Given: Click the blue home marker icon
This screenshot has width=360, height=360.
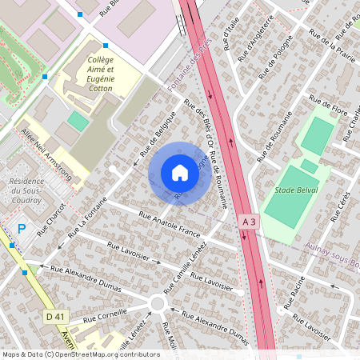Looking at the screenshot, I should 180,172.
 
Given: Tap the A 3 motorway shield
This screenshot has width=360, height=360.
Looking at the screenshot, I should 250,220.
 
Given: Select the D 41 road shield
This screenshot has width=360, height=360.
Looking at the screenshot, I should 54,317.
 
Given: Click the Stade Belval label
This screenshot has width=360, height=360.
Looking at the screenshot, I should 294,190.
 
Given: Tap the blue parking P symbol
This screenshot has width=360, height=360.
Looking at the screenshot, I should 22,229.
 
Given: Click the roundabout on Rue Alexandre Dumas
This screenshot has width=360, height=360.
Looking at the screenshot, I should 157,303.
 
